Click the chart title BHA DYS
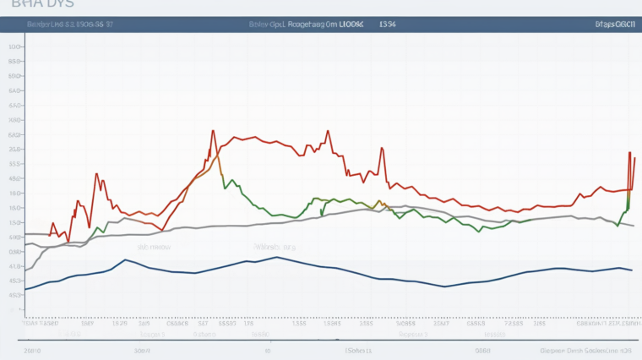26,5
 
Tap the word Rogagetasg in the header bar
312,25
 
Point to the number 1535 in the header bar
388,25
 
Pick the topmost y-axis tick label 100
14,47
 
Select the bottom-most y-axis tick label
14,310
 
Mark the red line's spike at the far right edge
629,154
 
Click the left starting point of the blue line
26,289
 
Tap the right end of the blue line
632,270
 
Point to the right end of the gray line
633,226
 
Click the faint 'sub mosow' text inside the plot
155,248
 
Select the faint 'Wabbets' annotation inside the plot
275,248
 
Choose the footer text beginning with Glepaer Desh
585,349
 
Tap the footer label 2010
33,349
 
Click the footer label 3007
142,349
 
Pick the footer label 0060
482,349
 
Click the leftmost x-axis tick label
41,323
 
